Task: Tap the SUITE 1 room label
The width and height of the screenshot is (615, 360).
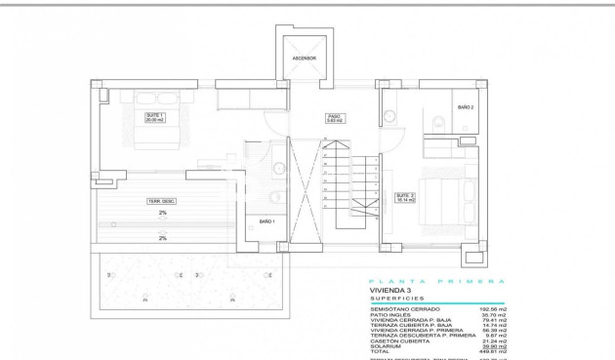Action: coord(153,117)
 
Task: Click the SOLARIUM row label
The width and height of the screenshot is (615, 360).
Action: coord(386,344)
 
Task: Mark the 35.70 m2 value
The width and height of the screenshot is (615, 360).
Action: coord(495,315)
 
